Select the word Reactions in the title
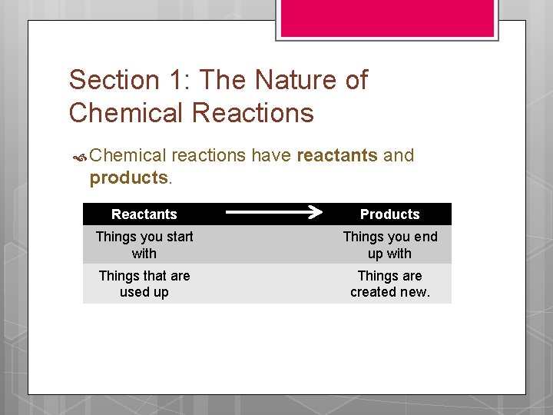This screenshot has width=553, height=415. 253,113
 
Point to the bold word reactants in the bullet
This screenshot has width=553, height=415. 336,155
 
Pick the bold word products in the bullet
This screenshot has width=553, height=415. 128,178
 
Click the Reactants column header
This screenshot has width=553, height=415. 144,214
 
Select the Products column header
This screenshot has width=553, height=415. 389,214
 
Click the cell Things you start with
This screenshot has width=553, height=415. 144,245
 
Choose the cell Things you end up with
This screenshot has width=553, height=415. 389,245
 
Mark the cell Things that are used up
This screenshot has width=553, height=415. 144,284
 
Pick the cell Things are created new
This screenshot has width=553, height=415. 389,284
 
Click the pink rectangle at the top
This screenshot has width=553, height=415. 386,17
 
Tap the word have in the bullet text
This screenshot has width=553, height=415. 271,155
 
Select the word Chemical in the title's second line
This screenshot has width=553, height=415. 127,113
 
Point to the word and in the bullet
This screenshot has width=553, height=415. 399,155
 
